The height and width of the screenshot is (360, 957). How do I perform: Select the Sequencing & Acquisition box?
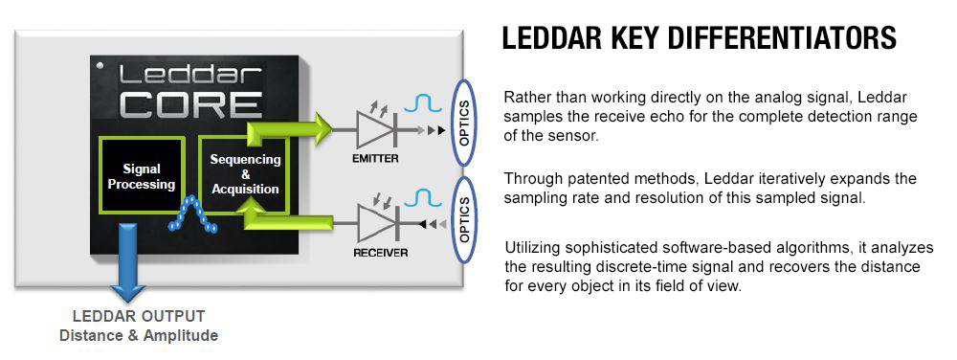[245, 174]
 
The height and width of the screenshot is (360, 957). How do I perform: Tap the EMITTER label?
[374, 158]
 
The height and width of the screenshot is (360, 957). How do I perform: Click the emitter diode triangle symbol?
[371, 126]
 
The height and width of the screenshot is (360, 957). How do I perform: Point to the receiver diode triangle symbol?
[372, 222]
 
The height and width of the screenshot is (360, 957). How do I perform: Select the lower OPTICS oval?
[465, 218]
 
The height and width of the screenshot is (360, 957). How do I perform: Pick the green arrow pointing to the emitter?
[287, 126]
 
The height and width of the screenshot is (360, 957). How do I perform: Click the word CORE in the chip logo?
[192, 103]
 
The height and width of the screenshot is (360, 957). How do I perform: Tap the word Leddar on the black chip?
[192, 75]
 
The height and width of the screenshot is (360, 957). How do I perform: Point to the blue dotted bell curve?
[194, 216]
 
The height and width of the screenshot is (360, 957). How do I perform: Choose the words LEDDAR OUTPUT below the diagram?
[139, 316]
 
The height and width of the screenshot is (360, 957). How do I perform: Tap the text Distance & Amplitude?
[139, 335]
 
